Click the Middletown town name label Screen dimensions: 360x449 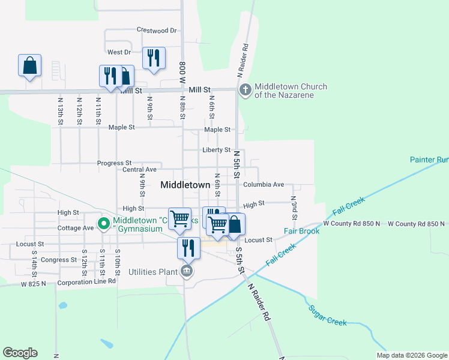(185, 185)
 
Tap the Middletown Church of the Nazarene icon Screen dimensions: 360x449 (245, 90)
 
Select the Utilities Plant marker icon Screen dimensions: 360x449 (187, 272)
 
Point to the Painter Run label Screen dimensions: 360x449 (429, 160)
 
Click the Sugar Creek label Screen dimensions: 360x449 (327, 316)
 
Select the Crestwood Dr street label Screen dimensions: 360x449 (157, 29)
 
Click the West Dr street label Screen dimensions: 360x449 (119, 52)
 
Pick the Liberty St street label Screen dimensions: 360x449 (215, 149)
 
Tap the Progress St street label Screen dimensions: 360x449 (114, 163)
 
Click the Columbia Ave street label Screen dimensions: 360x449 (264, 184)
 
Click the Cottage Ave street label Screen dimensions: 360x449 (76, 228)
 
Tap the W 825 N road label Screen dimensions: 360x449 (33, 283)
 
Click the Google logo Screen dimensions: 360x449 (20, 353)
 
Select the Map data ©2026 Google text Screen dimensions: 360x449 (411, 355)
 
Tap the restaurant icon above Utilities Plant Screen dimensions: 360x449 (188, 247)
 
